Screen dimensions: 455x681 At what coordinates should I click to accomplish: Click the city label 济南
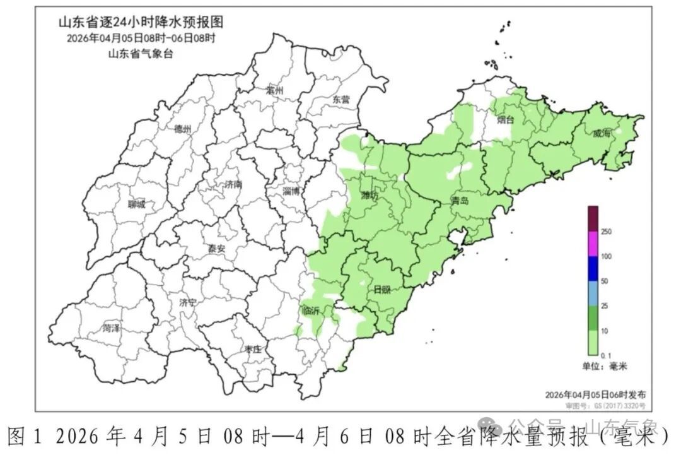pyautogui.click(x=233, y=185)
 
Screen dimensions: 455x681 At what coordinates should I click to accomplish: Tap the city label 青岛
pyautogui.click(x=460, y=201)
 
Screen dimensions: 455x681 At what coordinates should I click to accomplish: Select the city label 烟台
pyautogui.click(x=505, y=119)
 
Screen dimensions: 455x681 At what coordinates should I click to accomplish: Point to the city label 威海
pyautogui.click(x=602, y=133)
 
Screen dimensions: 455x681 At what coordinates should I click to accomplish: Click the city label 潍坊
pyautogui.click(x=370, y=196)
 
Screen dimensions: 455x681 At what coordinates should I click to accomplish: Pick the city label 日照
pyautogui.click(x=382, y=290)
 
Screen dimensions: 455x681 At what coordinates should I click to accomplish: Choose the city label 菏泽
pyautogui.click(x=112, y=328)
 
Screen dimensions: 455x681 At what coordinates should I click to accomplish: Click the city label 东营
pyautogui.click(x=340, y=100)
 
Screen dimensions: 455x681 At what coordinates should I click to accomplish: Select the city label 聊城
pyautogui.click(x=136, y=204)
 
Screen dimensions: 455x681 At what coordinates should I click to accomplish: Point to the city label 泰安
pyautogui.click(x=216, y=249)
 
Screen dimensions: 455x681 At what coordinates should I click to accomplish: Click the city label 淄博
pyautogui.click(x=291, y=189)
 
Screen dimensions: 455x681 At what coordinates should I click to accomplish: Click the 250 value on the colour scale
pyautogui.click(x=607, y=232)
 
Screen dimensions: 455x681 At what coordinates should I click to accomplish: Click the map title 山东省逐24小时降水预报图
pyautogui.click(x=141, y=23)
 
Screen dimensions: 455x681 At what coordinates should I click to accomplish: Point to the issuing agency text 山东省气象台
pyautogui.click(x=140, y=54)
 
